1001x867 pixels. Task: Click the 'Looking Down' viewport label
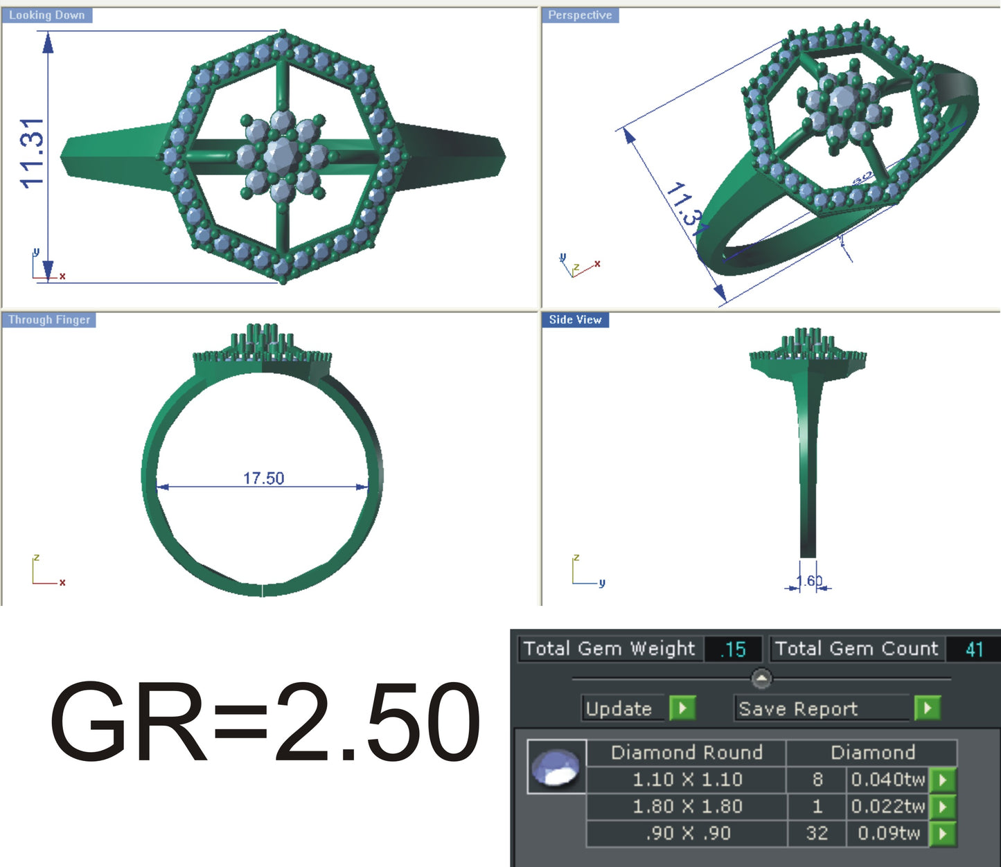46,15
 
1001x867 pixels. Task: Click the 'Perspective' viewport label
580,15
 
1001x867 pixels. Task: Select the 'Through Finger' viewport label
49,320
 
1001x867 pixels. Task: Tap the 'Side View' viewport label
575,320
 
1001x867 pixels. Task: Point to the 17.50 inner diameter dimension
263,479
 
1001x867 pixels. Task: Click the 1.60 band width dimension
809,581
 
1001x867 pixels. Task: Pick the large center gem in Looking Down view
281,156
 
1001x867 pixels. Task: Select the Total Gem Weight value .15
733,650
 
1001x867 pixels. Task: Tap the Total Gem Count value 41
974,650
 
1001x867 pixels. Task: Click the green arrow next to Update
682,708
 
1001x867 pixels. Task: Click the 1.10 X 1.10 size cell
686,780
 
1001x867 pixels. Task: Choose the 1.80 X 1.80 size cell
686,807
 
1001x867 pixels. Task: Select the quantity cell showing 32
817,833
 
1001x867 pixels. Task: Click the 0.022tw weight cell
887,807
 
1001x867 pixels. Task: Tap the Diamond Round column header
686,753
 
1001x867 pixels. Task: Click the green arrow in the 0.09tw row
943,833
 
